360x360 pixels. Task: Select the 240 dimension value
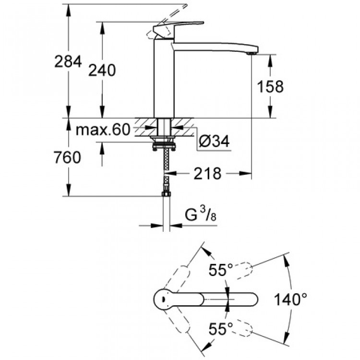102,71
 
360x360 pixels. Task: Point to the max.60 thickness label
104,130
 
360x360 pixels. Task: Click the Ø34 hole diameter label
214,141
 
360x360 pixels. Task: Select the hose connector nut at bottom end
166,195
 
